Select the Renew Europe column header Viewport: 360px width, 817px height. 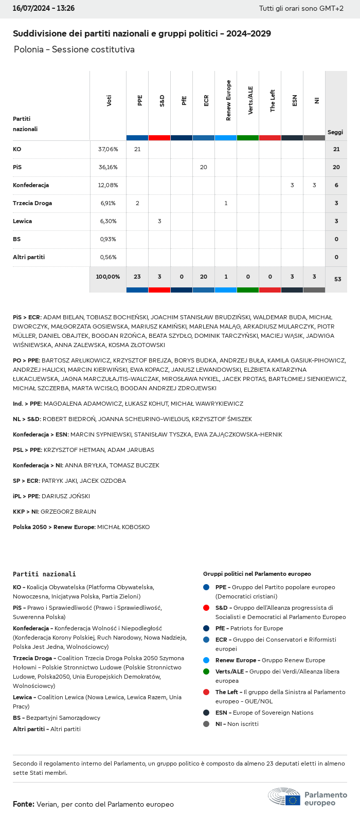pyautogui.click(x=228, y=101)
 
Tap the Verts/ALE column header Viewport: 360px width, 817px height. pyautogui.click(x=250, y=100)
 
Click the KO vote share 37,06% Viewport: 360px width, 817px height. pyautogui.click(x=108, y=149)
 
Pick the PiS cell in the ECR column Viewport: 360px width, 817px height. pyautogui.click(x=204, y=167)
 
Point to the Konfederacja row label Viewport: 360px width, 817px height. pyautogui.click(x=31, y=185)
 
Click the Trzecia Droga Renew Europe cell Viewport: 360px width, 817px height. pyautogui.click(x=226, y=203)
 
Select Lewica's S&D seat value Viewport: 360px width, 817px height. pyautogui.click(x=159, y=221)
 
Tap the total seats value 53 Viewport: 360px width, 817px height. pyautogui.click(x=337, y=279)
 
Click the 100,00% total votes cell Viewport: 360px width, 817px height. pyautogui.click(x=108, y=277)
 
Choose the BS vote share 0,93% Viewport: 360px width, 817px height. pyautogui.click(x=108, y=239)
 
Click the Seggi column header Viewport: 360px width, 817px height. pyautogui.click(x=335, y=132)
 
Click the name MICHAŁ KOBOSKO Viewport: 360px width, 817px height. pyautogui.click(x=123, y=527)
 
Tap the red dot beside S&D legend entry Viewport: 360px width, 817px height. pyautogui.click(x=206, y=608)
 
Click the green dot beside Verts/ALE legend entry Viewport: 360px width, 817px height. pyautogui.click(x=206, y=671)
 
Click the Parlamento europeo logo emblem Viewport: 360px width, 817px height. pyautogui.click(x=284, y=796)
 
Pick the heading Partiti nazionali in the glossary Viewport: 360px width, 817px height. pyautogui.click(x=44, y=574)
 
